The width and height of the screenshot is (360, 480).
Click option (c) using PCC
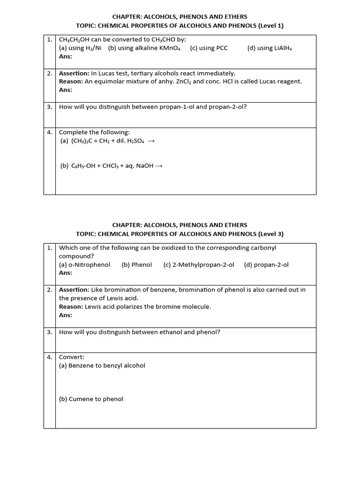pyautogui.click(x=209, y=48)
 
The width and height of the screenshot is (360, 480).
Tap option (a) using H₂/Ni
pyautogui.click(x=80, y=48)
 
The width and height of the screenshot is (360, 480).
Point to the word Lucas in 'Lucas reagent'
pyautogui.click(x=265, y=82)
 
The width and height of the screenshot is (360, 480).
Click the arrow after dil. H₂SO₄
pyautogui.click(x=150, y=141)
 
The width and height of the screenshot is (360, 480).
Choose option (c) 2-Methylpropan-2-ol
pyautogui.click(x=199, y=264)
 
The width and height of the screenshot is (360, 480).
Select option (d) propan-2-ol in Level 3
pyautogui.click(x=266, y=264)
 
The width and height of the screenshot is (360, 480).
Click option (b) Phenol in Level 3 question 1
pyautogui.click(x=137, y=264)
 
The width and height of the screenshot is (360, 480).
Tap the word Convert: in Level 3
pyautogui.click(x=71, y=357)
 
